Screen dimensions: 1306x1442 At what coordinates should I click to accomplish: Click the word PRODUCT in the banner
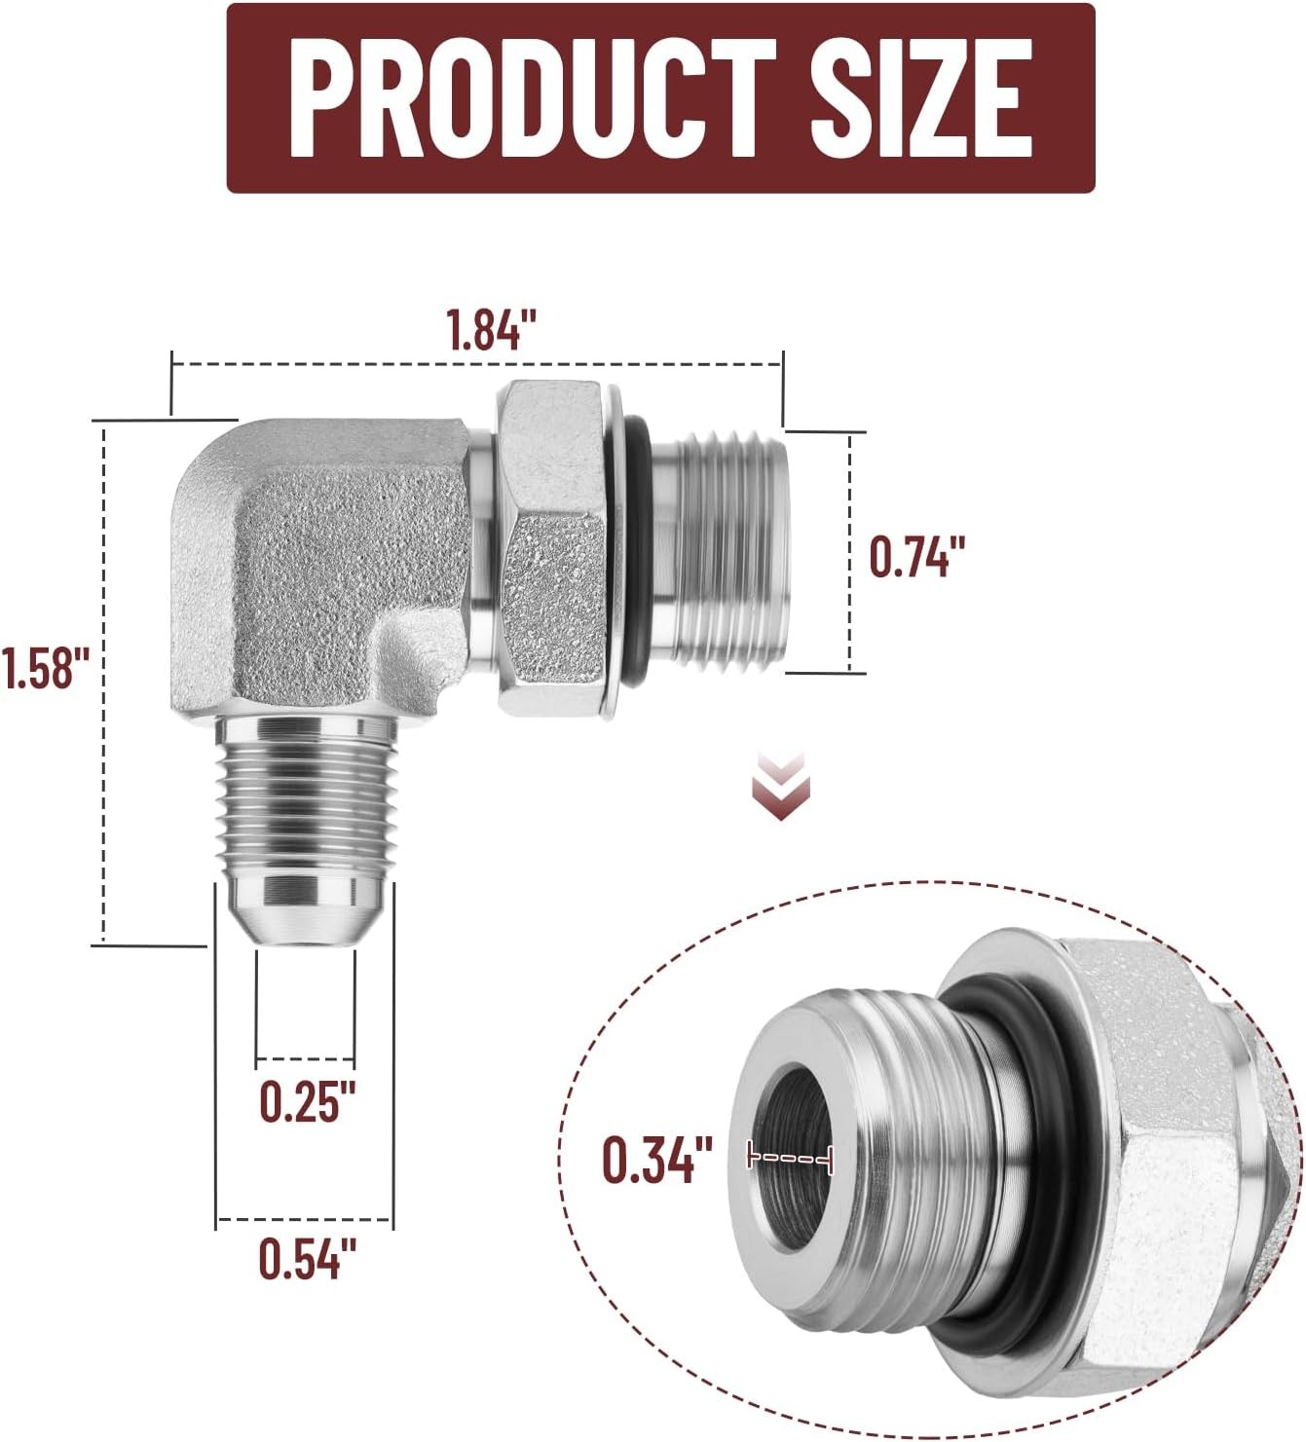click(x=532, y=97)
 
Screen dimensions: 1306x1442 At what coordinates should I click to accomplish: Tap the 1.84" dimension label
click(x=492, y=330)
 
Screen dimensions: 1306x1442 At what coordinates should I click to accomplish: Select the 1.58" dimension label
click(x=46, y=667)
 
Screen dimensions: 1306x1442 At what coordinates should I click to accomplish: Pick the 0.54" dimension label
click(x=308, y=1257)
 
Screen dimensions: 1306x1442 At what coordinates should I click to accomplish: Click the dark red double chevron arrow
click(x=781, y=786)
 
